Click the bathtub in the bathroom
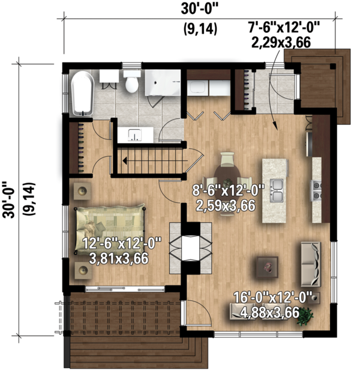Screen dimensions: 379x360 pyautogui.click(x=81, y=93)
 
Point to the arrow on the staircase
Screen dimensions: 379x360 pyautogui.click(x=125, y=161)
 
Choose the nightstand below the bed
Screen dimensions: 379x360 pyautogui.click(x=82, y=271)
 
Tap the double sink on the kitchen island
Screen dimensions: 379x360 pyautogui.click(x=277, y=190)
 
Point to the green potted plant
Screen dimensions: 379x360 pyautogui.click(x=308, y=315)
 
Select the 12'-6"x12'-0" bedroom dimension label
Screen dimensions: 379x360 pyautogui.click(x=118, y=251)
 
